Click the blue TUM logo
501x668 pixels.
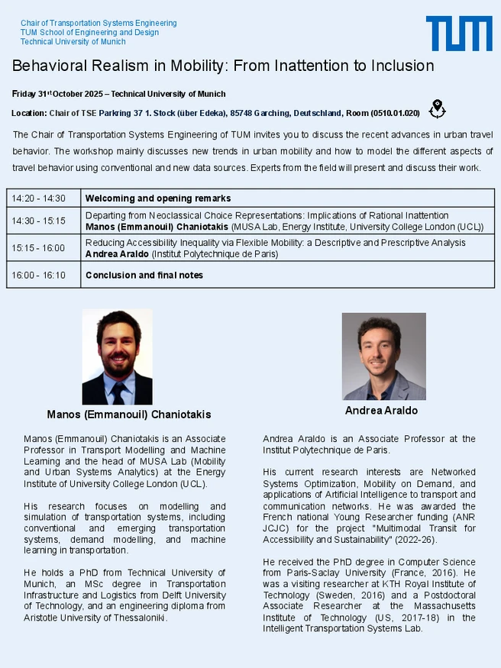pos(458,33)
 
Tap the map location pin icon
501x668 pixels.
pos(437,109)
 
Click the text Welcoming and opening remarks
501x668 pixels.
pos(158,198)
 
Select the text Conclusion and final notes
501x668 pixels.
pos(144,275)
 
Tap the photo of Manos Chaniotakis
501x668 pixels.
pos(117,357)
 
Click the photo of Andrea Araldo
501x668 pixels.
pos(383,357)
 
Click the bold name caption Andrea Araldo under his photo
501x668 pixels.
pos(382,411)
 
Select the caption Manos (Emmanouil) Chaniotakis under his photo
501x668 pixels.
pos(129,415)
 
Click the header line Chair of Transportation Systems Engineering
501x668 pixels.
pos(99,23)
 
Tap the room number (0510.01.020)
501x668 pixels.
pos(395,113)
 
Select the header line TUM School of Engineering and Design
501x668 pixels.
pos(89,32)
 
